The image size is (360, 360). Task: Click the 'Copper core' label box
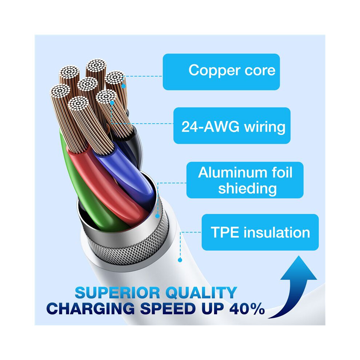coord(221,72)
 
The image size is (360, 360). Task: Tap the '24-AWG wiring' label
coord(232,125)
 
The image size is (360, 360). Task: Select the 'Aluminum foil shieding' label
coord(245,180)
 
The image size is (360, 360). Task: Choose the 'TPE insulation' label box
coord(260,232)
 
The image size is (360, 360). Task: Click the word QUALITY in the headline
coord(201,293)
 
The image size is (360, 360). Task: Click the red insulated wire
coord(108,184)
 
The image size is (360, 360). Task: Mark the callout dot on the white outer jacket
coord(180,260)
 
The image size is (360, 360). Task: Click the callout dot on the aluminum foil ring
coord(157,216)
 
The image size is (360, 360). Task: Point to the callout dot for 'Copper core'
coord(124,87)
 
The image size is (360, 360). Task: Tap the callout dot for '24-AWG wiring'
coord(112,103)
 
